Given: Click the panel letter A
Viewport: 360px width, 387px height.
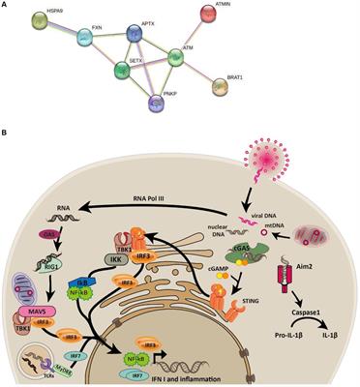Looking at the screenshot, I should point(7,7).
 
